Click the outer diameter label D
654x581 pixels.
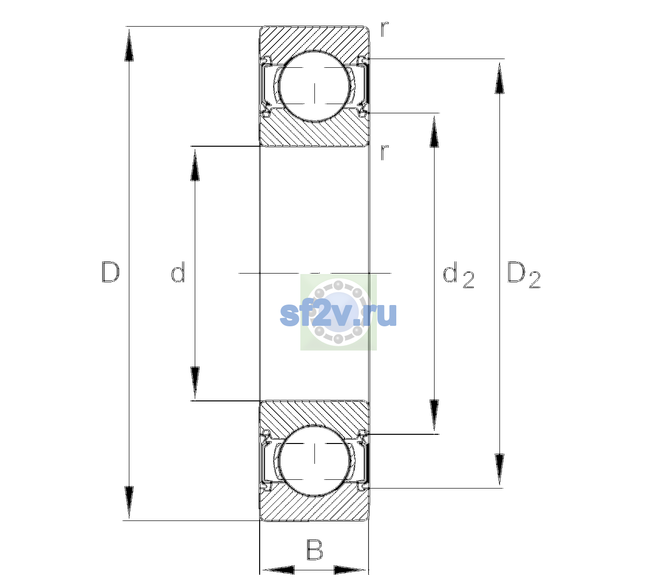pyautogui.click(x=110, y=272)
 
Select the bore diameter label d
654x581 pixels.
pyautogui.click(x=178, y=272)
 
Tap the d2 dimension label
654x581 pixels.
pyautogui.click(x=458, y=275)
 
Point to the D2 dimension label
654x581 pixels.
pyautogui.click(x=524, y=275)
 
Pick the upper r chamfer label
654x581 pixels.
pyautogui.click(x=385, y=30)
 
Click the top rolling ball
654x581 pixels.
pyautogui.click(x=314, y=86)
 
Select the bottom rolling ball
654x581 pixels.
pyautogui.click(x=314, y=460)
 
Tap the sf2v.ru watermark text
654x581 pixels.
pyautogui.click(x=338, y=314)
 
